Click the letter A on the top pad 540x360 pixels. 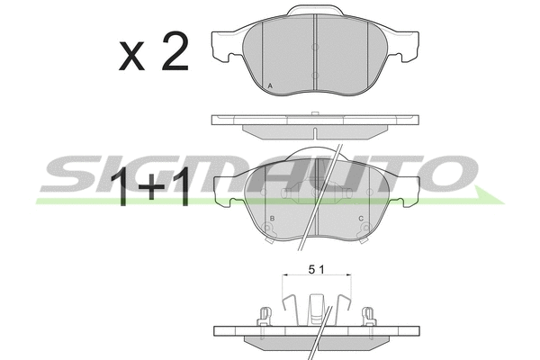(x=270, y=85)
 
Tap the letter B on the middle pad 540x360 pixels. (x=272, y=219)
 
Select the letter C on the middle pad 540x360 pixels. (x=361, y=219)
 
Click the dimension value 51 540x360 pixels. (x=316, y=270)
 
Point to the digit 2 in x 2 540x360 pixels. (x=175, y=51)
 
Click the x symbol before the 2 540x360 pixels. (x=131, y=57)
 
